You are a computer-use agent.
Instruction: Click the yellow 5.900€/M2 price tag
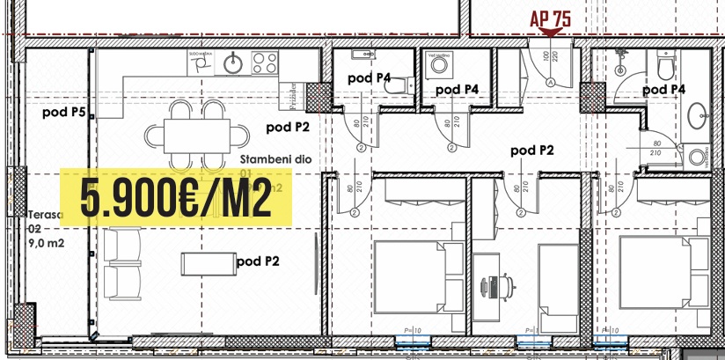pos(175,196)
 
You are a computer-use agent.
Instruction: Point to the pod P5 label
pos(65,113)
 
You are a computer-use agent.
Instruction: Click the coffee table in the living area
pos(206,262)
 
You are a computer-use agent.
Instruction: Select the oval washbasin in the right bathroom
pos(699,115)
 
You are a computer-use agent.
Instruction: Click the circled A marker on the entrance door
pos(551,81)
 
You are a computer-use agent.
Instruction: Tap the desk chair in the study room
pos(492,286)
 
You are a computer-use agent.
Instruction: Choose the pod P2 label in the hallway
pos(532,151)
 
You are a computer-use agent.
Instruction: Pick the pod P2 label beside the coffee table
pos(259,261)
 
